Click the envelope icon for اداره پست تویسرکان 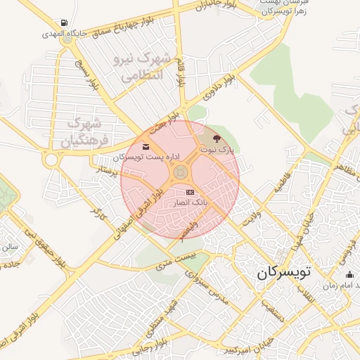[x=146, y=147]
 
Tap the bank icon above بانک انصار [x=190, y=192]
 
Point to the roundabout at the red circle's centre [x=181, y=172]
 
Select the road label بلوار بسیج [x=85, y=73]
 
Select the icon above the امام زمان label [x=349, y=274]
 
